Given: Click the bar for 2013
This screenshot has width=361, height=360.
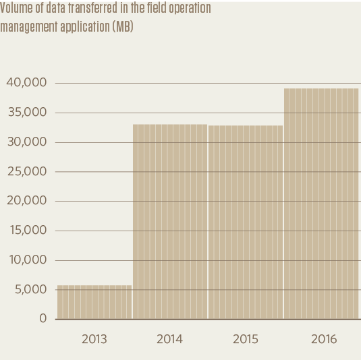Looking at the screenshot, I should tap(94, 302).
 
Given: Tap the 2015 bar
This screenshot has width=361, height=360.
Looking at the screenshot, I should tap(246, 222).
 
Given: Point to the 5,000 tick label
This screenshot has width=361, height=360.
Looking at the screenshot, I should tap(30, 290).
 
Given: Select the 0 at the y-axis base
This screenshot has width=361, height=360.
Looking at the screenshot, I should tap(43, 319).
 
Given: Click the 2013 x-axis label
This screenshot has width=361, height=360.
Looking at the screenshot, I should tap(94, 340).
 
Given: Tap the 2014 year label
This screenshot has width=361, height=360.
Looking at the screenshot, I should tap(169, 340).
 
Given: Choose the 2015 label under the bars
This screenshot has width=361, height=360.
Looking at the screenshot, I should tap(246, 340).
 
